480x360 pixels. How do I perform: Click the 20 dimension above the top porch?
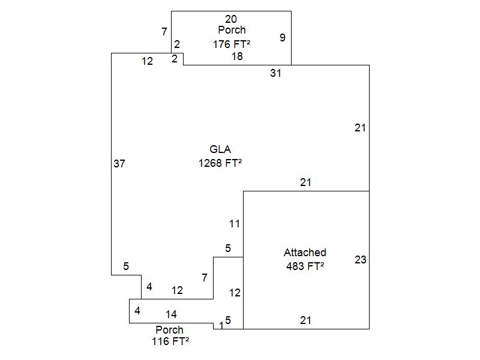tap(231, 19)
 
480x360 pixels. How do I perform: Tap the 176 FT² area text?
tap(231, 44)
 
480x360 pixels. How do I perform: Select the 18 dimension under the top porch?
tap(237, 56)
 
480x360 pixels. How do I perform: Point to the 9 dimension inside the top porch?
tap(283, 38)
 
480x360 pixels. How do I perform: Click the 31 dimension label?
tap(275, 73)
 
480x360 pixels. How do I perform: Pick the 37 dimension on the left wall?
tap(119, 163)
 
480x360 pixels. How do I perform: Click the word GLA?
tap(220, 149)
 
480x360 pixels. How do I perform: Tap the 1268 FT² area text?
tap(220, 163)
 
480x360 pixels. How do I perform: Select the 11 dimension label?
tap(235, 224)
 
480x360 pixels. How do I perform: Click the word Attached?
tap(305, 253)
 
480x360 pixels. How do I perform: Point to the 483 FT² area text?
tap(305, 266)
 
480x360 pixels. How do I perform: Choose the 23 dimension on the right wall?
tap(360, 260)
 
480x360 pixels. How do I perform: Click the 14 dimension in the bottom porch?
tap(172, 314)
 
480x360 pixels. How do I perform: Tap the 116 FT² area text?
tap(170, 341)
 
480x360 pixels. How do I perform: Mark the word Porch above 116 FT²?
tap(170, 330)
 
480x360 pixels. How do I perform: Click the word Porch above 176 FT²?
tap(232, 30)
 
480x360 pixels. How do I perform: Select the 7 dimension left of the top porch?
tap(164, 32)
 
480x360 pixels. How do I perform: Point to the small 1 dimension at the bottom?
tap(221, 325)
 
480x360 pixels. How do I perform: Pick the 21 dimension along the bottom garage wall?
tap(306, 320)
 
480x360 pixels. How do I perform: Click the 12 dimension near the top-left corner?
tap(147, 61)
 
